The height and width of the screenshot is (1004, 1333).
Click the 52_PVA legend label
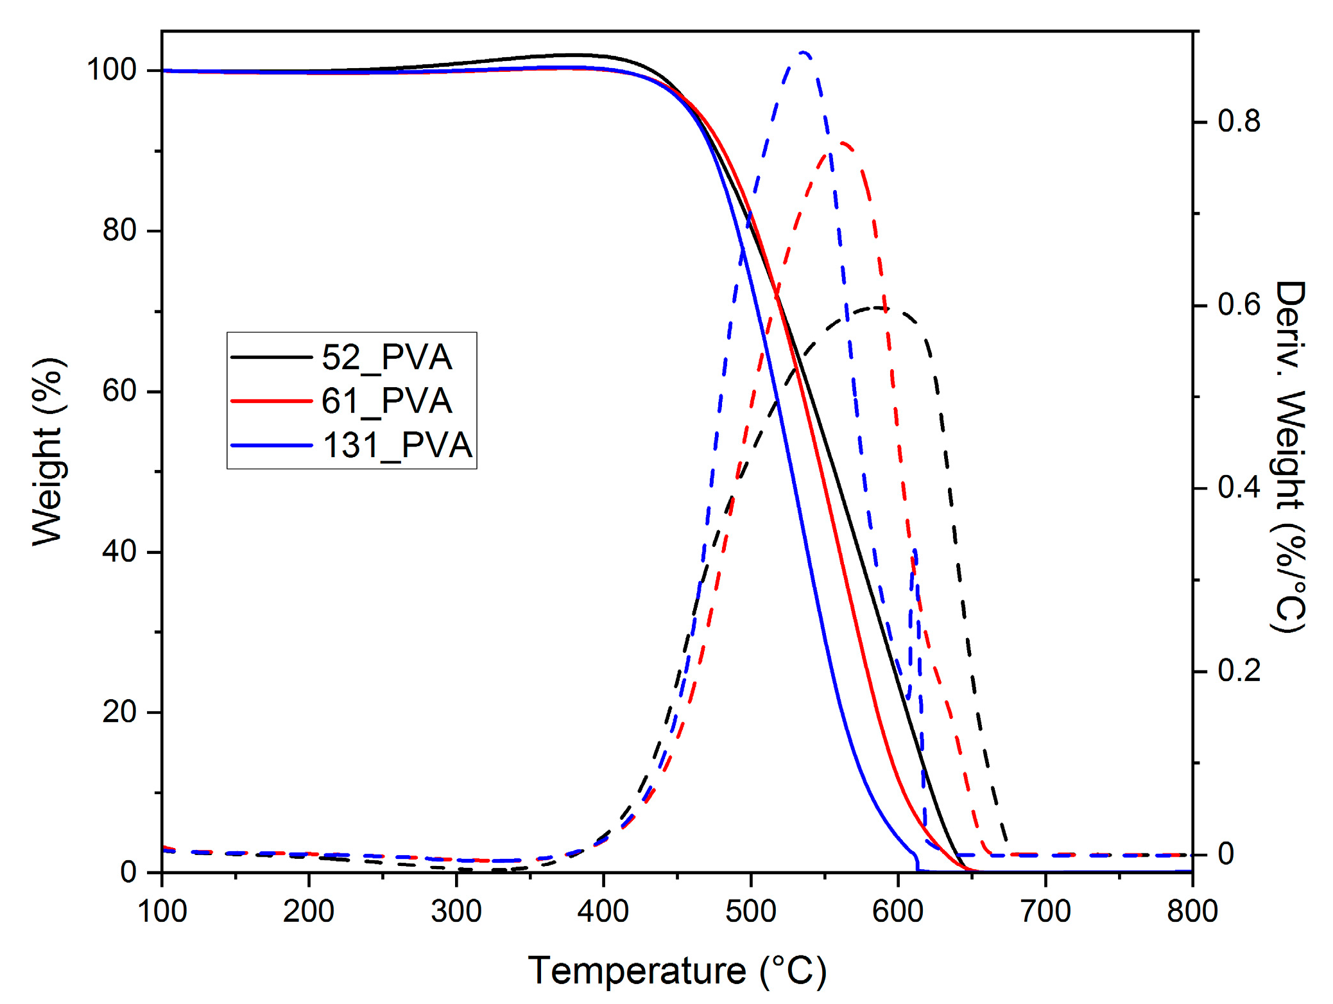(386, 357)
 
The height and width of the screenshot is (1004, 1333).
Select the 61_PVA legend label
(386, 401)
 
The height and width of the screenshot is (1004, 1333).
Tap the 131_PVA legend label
(397, 445)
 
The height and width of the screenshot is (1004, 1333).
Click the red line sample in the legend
(271, 401)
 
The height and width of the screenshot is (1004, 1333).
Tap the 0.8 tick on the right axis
(1239, 121)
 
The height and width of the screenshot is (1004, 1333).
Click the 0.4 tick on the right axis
(1239, 488)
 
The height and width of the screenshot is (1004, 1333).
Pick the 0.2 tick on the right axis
(1239, 671)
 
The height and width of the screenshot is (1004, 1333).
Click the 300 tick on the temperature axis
(456, 912)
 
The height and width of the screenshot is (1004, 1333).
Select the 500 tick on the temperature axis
(751, 912)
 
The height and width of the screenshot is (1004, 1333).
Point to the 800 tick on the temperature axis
(1192, 912)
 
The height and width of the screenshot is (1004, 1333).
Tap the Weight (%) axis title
(48, 452)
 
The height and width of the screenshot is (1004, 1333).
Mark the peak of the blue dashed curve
(803, 52)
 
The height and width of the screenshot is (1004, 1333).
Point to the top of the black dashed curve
(878, 308)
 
